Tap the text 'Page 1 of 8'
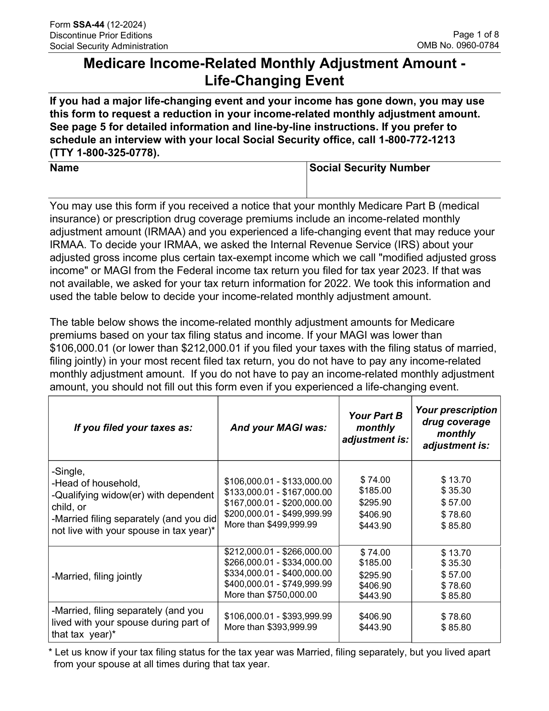(475, 34)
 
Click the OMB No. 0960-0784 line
(458, 45)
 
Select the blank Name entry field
(177, 186)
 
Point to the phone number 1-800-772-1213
(417, 140)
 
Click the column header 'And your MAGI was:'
(278, 428)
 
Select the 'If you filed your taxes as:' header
(133, 428)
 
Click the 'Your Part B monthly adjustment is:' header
(375, 428)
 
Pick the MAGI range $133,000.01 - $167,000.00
(278, 492)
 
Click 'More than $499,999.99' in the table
(270, 524)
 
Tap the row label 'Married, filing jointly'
(97, 577)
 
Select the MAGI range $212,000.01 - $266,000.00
(278, 552)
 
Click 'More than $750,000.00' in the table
(270, 595)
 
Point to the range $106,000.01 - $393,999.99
(278, 616)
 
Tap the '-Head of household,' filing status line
(96, 483)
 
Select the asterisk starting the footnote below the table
(51, 652)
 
